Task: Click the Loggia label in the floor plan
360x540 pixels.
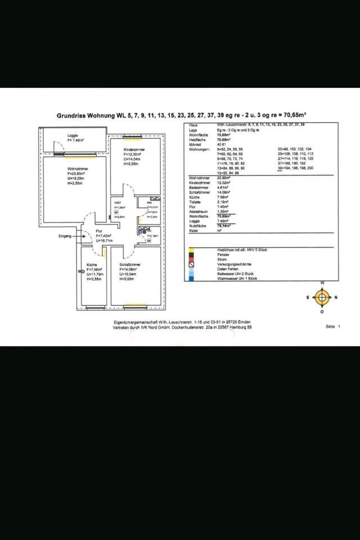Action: click(x=73, y=136)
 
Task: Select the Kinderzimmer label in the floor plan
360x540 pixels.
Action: click(x=134, y=149)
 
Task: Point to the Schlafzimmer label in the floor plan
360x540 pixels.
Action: click(x=129, y=264)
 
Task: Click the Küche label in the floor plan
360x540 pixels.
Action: click(x=92, y=264)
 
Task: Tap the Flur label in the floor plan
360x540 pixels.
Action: click(x=99, y=230)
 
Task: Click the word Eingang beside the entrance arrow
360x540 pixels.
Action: click(x=65, y=236)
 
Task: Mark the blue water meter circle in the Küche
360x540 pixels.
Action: click(x=82, y=271)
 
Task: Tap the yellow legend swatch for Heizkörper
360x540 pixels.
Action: click(x=192, y=249)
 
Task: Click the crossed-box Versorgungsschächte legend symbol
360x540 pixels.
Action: click(x=192, y=264)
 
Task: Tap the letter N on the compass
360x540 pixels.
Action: click(x=335, y=297)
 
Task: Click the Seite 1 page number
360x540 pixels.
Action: click(x=332, y=326)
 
